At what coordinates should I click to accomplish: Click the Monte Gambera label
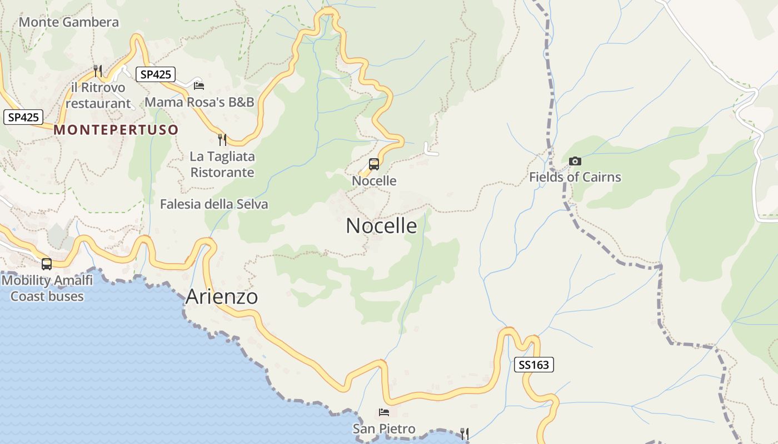click(x=69, y=22)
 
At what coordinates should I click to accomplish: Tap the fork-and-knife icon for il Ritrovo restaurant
click(x=98, y=70)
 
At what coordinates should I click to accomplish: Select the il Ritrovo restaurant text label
click(x=98, y=95)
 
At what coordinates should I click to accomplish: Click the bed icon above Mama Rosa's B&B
click(x=199, y=85)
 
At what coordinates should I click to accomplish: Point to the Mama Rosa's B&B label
click(x=200, y=102)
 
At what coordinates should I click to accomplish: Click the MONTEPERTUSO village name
click(x=116, y=130)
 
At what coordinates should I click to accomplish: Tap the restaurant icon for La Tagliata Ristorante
click(x=222, y=139)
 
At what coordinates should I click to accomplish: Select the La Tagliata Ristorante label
click(x=222, y=164)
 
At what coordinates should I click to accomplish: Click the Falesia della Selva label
click(x=214, y=204)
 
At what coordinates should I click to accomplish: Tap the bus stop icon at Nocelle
click(x=374, y=164)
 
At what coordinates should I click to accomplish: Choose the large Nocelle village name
click(x=381, y=226)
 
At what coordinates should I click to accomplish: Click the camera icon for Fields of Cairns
click(x=575, y=162)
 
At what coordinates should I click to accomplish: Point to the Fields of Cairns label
click(x=575, y=178)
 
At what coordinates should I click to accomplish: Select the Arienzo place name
click(x=222, y=297)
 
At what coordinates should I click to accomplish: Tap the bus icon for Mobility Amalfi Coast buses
click(x=47, y=264)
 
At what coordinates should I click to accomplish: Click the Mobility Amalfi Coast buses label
click(x=47, y=288)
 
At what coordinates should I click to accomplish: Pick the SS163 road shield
click(x=533, y=365)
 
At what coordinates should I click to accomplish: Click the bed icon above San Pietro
click(x=384, y=412)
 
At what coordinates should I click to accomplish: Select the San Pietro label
click(x=384, y=429)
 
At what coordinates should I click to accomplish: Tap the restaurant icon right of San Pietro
click(x=465, y=433)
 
